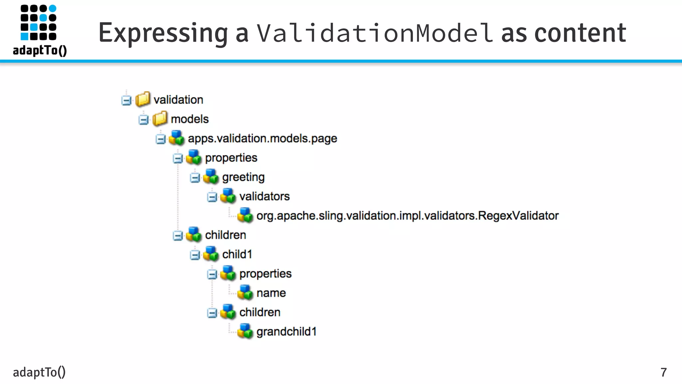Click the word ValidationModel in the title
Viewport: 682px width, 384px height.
click(x=375, y=33)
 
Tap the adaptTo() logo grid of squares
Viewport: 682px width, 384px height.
click(x=39, y=22)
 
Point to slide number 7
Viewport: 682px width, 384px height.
click(x=663, y=372)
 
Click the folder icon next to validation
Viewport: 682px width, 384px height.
click(x=143, y=99)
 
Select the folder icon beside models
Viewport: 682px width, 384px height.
click(x=160, y=119)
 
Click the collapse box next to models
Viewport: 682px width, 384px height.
click(x=144, y=120)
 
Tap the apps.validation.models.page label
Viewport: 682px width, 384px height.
click(x=262, y=138)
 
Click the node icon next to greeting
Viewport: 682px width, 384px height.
click(x=211, y=177)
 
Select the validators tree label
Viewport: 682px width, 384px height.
click(x=264, y=196)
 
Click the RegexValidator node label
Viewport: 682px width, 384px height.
click(x=407, y=216)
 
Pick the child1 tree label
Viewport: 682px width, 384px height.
click(x=237, y=254)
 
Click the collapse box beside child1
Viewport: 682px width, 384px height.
click(x=195, y=255)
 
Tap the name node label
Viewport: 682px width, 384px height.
click(x=271, y=293)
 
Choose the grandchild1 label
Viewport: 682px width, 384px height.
click(x=286, y=332)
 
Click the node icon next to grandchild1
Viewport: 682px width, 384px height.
click(x=245, y=331)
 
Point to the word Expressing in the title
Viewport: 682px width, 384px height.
click(x=163, y=33)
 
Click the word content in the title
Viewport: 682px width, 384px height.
click(x=580, y=33)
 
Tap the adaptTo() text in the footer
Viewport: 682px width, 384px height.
click(x=39, y=372)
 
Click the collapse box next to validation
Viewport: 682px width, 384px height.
click(x=126, y=100)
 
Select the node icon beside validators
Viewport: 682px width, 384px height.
click(x=228, y=196)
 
